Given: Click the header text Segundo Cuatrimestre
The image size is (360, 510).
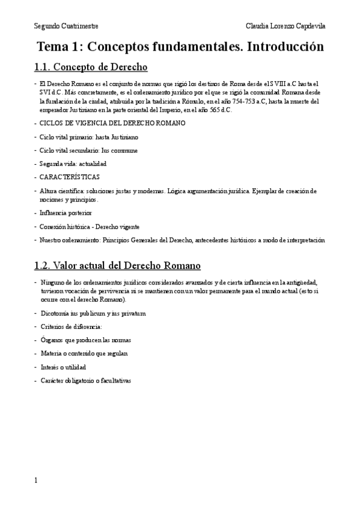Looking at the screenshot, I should click(66, 27).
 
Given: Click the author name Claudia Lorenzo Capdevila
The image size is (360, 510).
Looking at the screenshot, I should click(286, 27).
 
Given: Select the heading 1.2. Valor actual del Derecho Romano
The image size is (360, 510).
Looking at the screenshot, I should click(119, 265).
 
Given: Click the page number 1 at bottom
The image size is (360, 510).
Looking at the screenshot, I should click(36, 481).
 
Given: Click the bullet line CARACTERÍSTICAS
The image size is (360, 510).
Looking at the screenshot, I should click(70, 177).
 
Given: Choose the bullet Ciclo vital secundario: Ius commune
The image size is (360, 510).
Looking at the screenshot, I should click(88, 150).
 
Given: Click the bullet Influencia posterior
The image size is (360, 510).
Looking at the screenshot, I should click(66, 213).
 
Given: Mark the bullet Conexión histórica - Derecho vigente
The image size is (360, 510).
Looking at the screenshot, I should click(90, 227).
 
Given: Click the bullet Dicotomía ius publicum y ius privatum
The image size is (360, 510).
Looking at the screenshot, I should click(93, 313).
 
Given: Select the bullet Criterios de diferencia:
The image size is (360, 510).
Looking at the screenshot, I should click(72, 327).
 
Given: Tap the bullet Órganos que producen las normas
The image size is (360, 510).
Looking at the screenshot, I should click(85, 340).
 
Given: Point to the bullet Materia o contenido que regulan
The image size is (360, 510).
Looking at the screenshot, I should click(84, 353).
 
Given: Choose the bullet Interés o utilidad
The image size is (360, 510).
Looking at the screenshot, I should click(64, 367).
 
